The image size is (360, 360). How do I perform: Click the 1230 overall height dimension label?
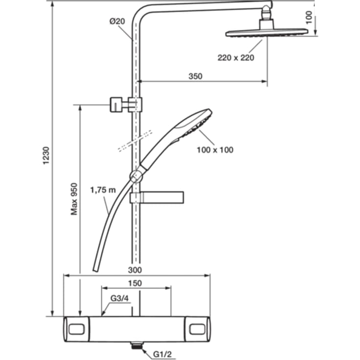coord(47,155)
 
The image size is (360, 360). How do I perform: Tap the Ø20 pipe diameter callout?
coord(117,22)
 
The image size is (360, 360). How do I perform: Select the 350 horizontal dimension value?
coord(195,76)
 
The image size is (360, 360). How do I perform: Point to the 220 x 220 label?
coord(236,58)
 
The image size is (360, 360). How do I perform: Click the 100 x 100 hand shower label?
coord(215,150)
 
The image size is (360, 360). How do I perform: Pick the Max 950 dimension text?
coord(74,199)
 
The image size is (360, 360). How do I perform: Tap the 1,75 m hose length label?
coord(103,190)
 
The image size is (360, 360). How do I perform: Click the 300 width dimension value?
coord(135,270)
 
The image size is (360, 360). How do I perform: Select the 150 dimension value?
coord(135,283)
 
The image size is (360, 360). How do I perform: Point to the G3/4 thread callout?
coord(120,298)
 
